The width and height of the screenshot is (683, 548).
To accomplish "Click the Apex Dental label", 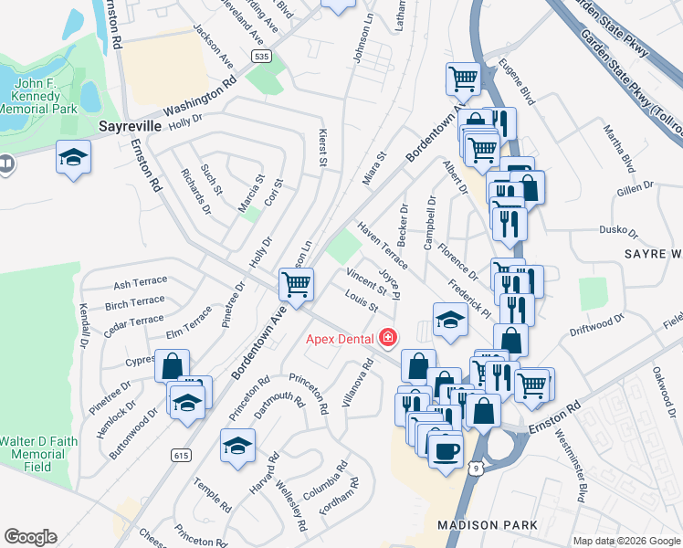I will click(x=340, y=340).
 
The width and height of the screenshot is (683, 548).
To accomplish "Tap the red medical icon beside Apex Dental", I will click(x=388, y=339).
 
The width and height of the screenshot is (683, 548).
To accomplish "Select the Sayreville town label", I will click(x=130, y=124).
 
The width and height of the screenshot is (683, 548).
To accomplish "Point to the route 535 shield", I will click(x=263, y=57).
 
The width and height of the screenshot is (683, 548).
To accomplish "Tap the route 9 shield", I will click(x=474, y=468).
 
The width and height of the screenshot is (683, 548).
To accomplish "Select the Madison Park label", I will click(x=480, y=525).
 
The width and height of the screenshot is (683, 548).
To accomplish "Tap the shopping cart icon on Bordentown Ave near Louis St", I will click(x=296, y=285).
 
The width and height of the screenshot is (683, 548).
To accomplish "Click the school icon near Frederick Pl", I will click(x=450, y=320).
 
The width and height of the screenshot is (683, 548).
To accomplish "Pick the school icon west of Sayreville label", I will click(x=73, y=157).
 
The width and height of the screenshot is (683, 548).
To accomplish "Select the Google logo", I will click(x=30, y=537).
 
